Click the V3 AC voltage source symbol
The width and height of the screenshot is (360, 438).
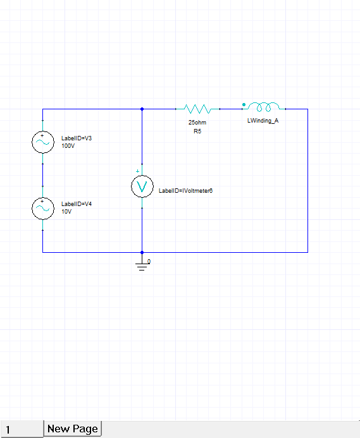42,143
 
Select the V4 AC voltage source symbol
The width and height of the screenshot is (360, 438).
42,209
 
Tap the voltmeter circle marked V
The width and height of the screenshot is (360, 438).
142,186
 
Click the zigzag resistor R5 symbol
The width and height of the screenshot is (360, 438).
201,109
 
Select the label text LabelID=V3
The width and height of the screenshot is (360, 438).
77,138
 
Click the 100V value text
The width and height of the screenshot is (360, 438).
68,146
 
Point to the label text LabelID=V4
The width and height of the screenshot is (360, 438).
77,204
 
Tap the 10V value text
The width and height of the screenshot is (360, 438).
66,212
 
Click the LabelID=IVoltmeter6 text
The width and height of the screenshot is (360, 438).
185,190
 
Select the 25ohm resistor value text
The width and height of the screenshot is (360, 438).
197,123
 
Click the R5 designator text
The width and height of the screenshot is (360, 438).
197,131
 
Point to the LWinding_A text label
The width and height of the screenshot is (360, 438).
263,120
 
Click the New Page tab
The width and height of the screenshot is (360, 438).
72,429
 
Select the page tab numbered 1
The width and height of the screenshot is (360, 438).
22,429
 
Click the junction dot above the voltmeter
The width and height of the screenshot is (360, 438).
142,109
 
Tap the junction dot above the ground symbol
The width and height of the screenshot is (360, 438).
142,252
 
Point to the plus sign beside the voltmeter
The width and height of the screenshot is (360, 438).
137,171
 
